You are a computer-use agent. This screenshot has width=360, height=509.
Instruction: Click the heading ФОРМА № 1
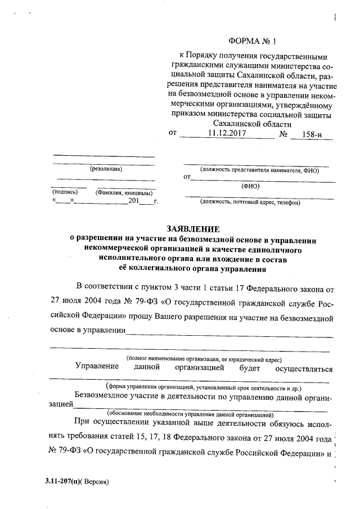pos(253,41)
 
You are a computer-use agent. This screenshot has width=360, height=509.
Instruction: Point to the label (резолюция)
pos(106,168)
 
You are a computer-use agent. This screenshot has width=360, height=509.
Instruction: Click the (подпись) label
pos(64,192)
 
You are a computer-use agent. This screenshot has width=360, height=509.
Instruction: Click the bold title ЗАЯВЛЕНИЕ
pos(193,229)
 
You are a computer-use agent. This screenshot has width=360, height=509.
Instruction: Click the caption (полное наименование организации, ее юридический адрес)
pos(204,358)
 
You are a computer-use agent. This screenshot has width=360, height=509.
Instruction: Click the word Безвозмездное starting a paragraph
pos(101,397)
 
